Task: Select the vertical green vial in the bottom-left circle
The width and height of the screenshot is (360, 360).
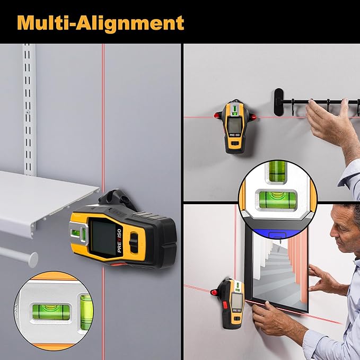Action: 85,310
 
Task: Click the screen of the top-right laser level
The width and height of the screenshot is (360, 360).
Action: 233,126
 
